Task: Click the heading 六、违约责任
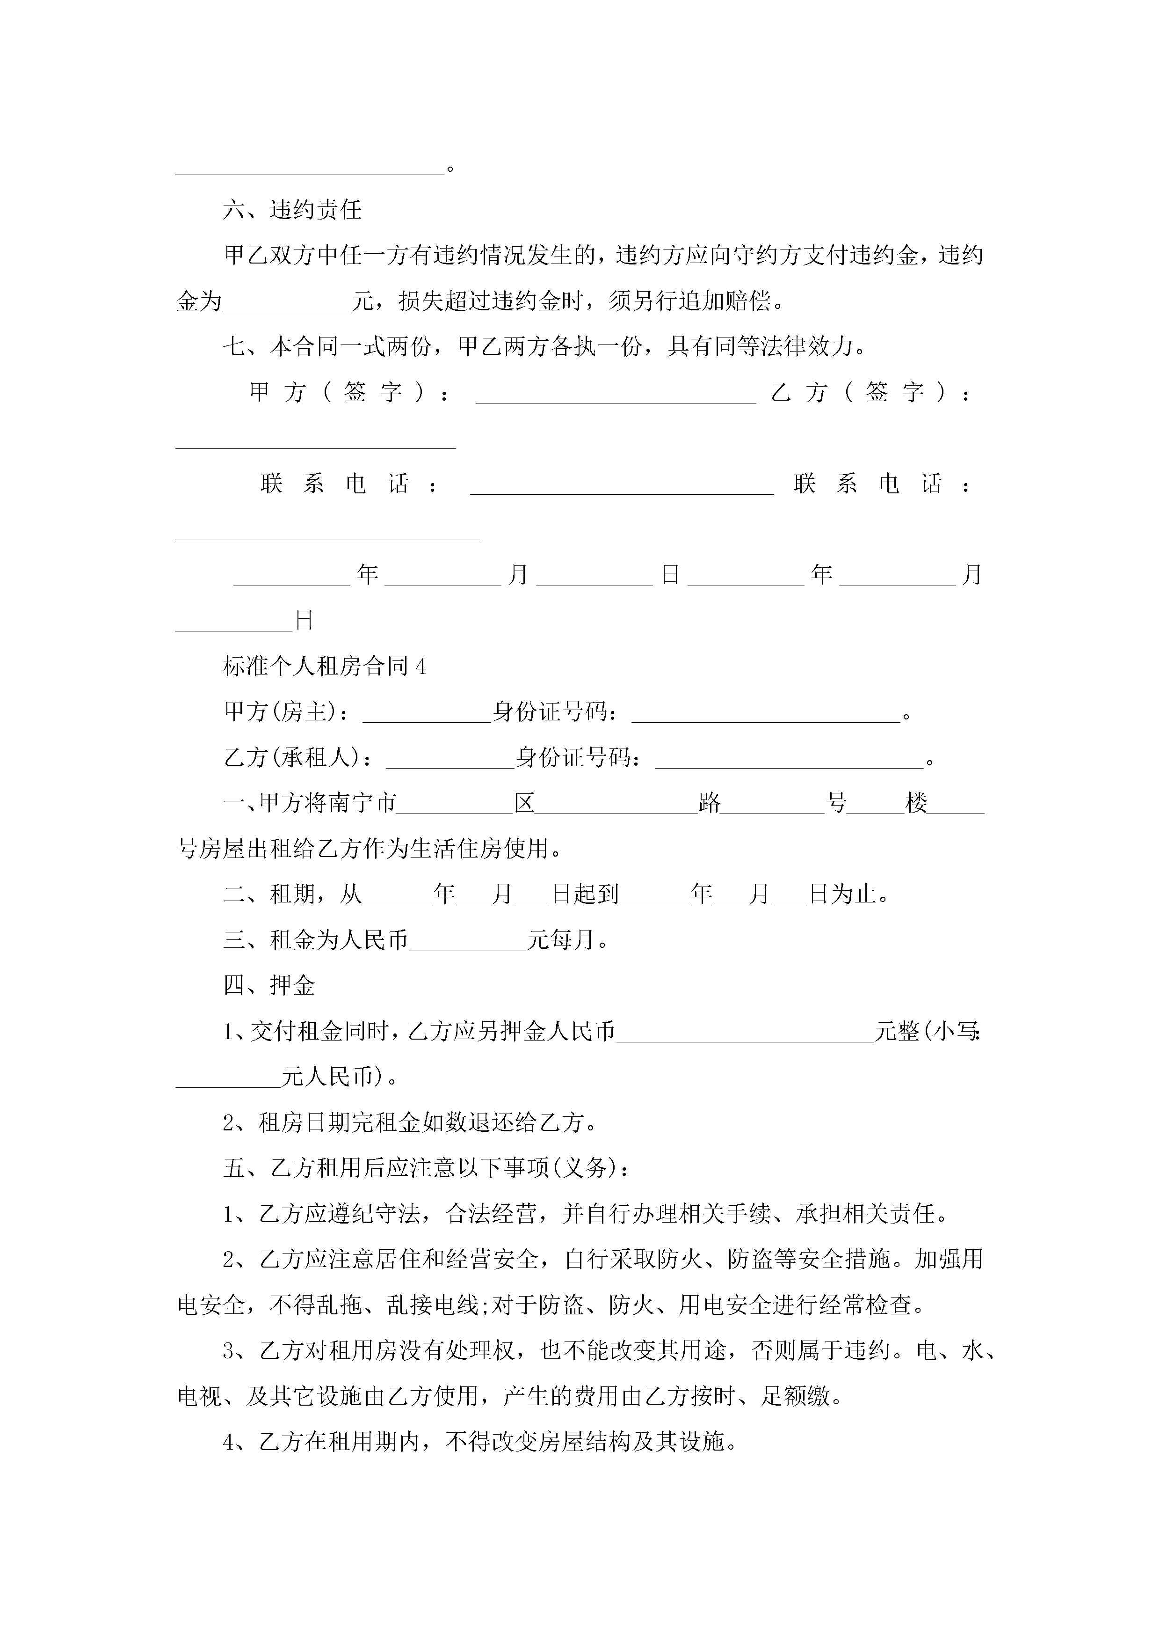point(292,210)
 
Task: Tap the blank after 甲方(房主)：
point(427,712)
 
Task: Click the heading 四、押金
point(269,986)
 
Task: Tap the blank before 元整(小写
point(745,1032)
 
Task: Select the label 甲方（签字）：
point(349,393)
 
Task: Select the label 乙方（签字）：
point(870,393)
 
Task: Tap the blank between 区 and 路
point(616,803)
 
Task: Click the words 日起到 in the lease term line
point(585,894)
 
